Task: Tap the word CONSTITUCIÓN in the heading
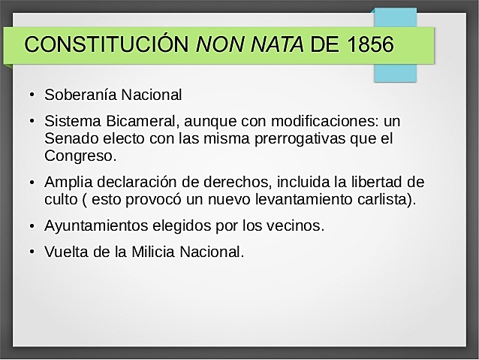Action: tap(107, 44)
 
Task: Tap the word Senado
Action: tap(70, 139)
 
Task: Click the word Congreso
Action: tap(79, 157)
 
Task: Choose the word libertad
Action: tap(378, 182)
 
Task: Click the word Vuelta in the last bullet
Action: tap(65, 251)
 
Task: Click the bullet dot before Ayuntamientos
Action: tap(32, 226)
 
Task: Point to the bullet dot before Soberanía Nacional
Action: tap(32, 96)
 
